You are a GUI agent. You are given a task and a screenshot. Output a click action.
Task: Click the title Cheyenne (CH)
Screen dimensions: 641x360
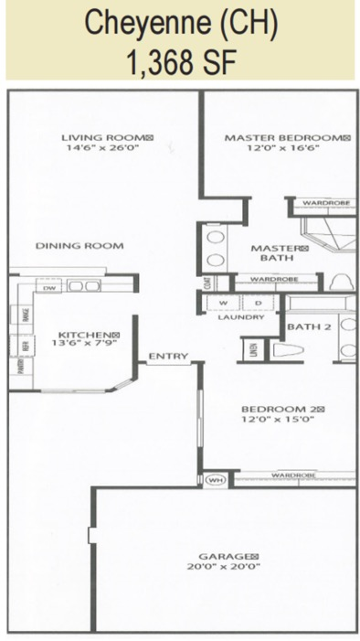tap(179, 25)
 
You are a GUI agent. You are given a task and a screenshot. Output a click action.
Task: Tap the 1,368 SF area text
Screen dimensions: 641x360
tap(179, 62)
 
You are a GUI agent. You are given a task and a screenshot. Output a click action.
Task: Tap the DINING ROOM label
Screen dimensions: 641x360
tap(79, 246)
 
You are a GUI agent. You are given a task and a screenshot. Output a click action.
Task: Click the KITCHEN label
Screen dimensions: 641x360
tap(85, 335)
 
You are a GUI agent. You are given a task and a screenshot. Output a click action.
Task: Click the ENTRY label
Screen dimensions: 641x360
tap(167, 357)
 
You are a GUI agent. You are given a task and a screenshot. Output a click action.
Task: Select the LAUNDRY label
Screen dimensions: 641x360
tap(241, 317)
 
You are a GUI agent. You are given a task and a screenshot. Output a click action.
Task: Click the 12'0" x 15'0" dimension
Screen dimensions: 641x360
tap(278, 421)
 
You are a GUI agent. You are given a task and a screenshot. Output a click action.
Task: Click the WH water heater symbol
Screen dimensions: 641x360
tap(216, 478)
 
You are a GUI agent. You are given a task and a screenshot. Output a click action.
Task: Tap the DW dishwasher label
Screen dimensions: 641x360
tap(49, 287)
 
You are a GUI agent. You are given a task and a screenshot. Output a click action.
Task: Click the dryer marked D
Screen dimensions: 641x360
tap(258, 302)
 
